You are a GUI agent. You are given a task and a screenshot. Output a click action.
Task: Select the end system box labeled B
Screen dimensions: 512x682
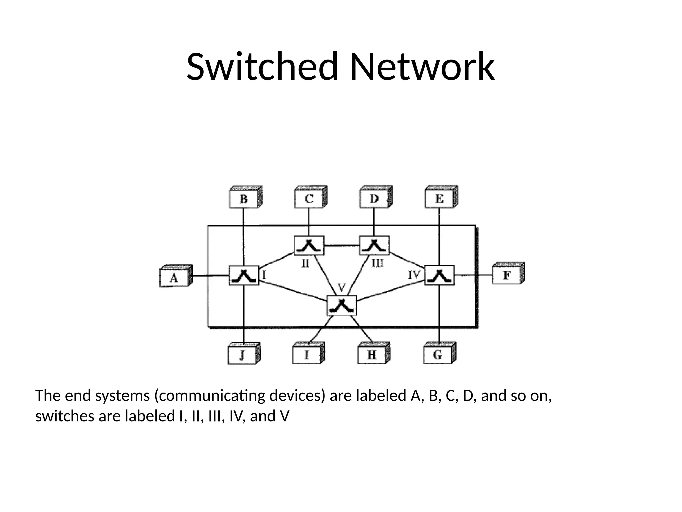tap(244, 199)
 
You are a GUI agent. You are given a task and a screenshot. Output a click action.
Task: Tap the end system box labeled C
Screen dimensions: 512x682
tap(309, 199)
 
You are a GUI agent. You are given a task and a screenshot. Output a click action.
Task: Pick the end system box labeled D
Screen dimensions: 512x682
tap(374, 199)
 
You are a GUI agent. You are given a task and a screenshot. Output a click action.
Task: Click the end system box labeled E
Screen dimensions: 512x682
tap(439, 199)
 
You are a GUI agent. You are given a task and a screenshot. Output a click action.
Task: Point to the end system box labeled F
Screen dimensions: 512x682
tap(507, 275)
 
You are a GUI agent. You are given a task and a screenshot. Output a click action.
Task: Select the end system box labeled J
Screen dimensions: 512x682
tap(242, 355)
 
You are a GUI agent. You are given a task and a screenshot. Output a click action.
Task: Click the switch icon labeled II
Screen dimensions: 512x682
tap(309, 246)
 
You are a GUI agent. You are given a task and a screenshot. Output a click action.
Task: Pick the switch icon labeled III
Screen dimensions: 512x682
tap(374, 246)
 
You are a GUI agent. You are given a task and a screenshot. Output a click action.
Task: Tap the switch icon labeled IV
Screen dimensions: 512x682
tap(439, 276)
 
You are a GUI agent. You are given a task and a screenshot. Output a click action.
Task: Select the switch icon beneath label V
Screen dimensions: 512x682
tap(342, 306)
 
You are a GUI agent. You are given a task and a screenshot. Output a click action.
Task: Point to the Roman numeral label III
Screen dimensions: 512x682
tap(378, 264)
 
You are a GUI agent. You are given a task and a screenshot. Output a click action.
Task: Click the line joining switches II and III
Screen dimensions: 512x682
tap(341, 246)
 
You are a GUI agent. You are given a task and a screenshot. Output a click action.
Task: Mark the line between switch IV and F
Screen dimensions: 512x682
tap(473, 275)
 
